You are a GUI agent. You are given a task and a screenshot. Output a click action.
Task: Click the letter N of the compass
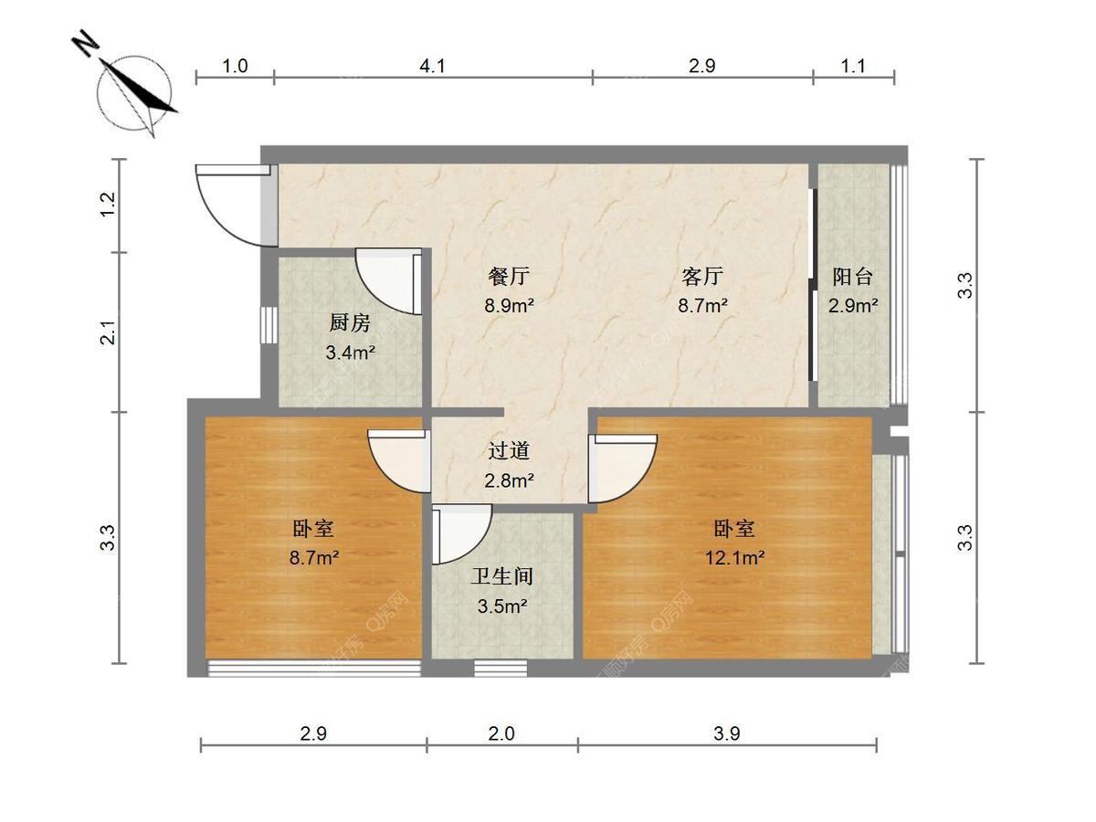[x=87, y=44]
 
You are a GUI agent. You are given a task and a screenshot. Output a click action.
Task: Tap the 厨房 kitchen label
[x=350, y=323]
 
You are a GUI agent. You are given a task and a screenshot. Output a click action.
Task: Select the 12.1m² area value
[x=734, y=557]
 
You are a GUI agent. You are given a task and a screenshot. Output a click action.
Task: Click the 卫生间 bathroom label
[x=502, y=576]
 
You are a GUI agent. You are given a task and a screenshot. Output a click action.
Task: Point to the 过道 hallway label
[x=509, y=451]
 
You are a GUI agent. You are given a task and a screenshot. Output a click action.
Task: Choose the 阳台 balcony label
[x=853, y=277]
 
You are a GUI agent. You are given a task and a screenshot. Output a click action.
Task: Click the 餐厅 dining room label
[x=509, y=276]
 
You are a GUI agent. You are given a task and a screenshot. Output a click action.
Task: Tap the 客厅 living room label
[x=702, y=276]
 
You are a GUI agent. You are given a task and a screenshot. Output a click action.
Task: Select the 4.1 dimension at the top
[x=432, y=66]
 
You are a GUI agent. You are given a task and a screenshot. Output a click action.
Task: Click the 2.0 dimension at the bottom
[x=501, y=733]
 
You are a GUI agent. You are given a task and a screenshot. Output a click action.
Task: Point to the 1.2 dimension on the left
[x=109, y=204]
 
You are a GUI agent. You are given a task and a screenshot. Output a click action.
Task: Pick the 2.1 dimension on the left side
[x=109, y=332]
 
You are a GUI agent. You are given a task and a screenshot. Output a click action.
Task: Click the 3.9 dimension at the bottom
[x=726, y=733]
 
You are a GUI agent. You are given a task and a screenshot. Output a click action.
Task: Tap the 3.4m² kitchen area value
[x=351, y=353]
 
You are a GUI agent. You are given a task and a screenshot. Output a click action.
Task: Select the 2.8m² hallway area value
[x=509, y=480]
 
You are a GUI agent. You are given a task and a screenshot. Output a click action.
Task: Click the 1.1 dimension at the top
[x=853, y=66]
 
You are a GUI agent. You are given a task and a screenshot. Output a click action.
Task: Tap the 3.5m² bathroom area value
[x=502, y=606]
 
